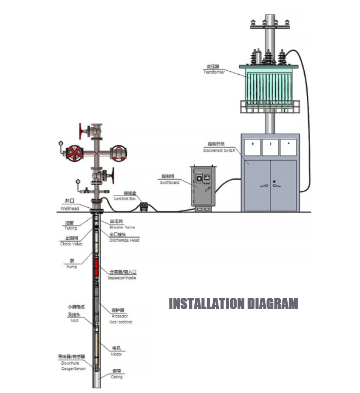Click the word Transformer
[214, 72]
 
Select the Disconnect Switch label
[219, 150]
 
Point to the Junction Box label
[124, 198]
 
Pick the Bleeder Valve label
[122, 227]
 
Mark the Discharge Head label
[124, 240]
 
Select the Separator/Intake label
[122, 278]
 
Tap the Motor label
[116, 354]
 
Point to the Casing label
[116, 376]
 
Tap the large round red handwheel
[75, 153]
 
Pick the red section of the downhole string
[96, 269]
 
